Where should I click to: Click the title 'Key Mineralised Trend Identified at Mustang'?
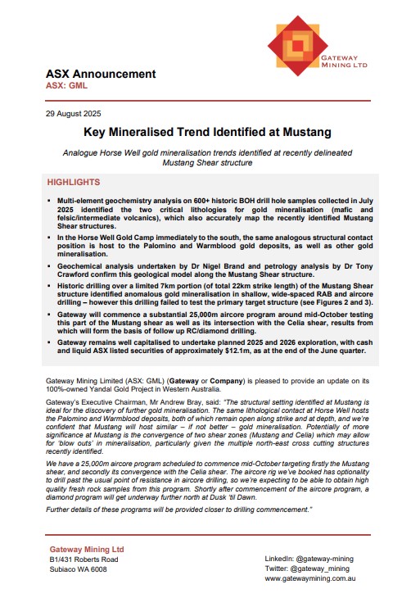click(x=210, y=132)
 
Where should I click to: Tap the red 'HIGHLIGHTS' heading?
click(x=74, y=182)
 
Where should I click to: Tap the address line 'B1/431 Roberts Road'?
click(x=89, y=560)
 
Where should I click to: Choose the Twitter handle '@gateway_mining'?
click(x=321, y=568)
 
